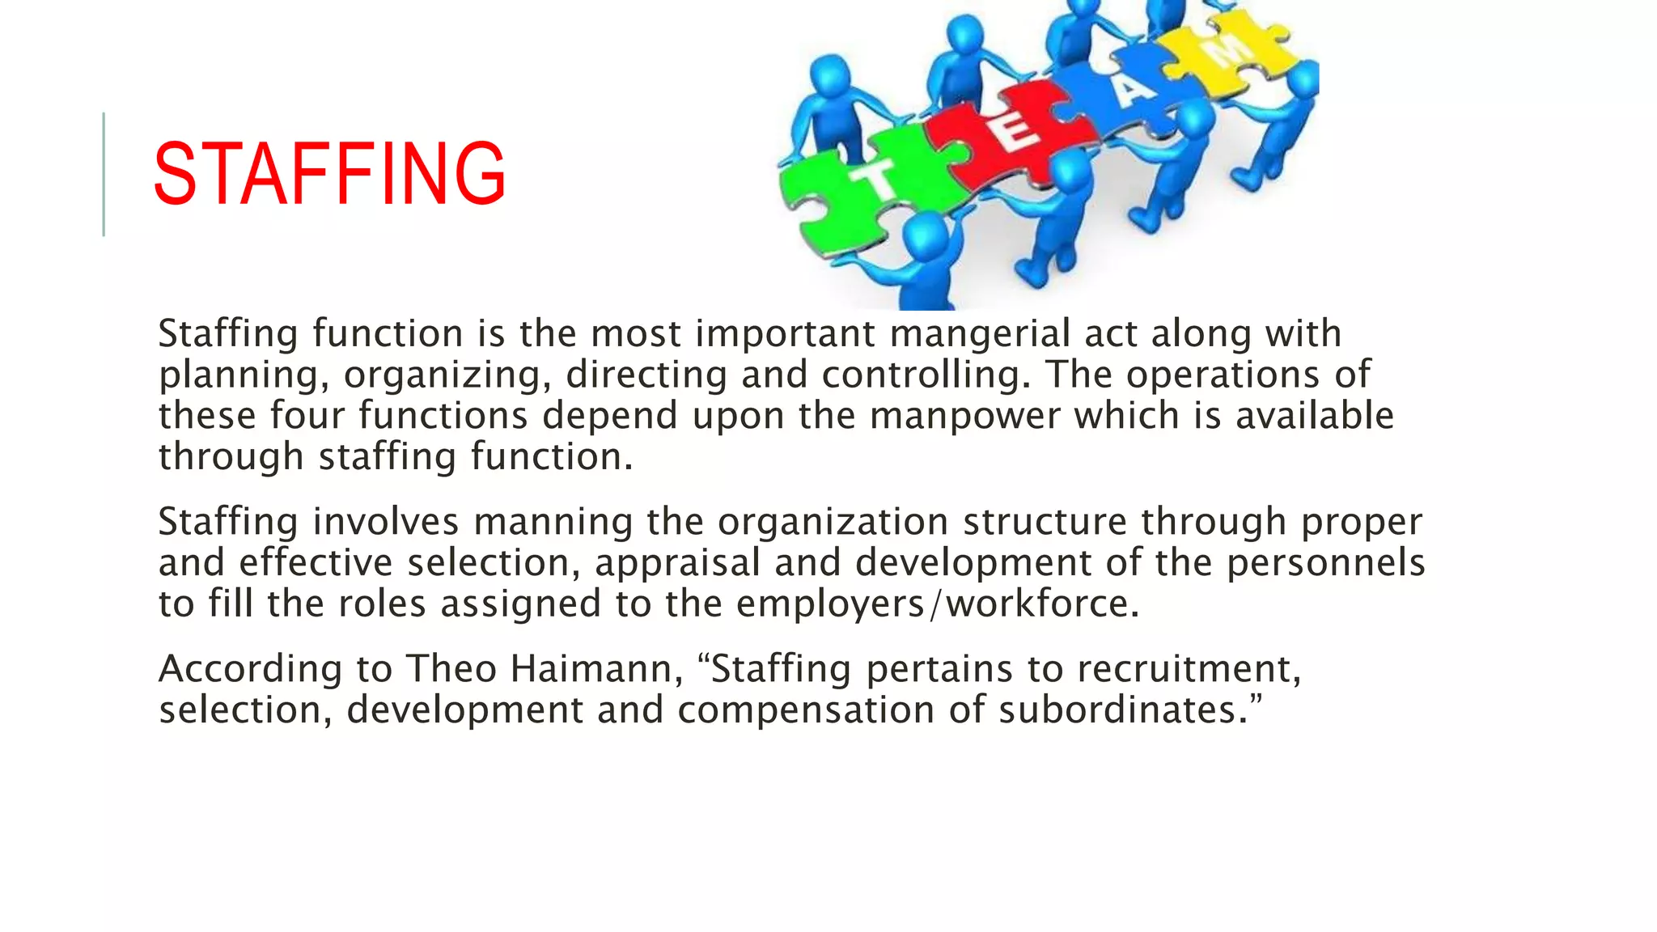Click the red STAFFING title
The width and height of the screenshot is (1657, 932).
[x=329, y=173]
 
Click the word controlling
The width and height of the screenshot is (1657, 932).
[x=926, y=375]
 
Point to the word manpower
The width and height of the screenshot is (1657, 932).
[x=964, y=417]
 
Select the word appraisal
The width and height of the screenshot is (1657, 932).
[x=677, y=563]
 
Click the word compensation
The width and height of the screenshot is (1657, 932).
[x=806, y=710]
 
